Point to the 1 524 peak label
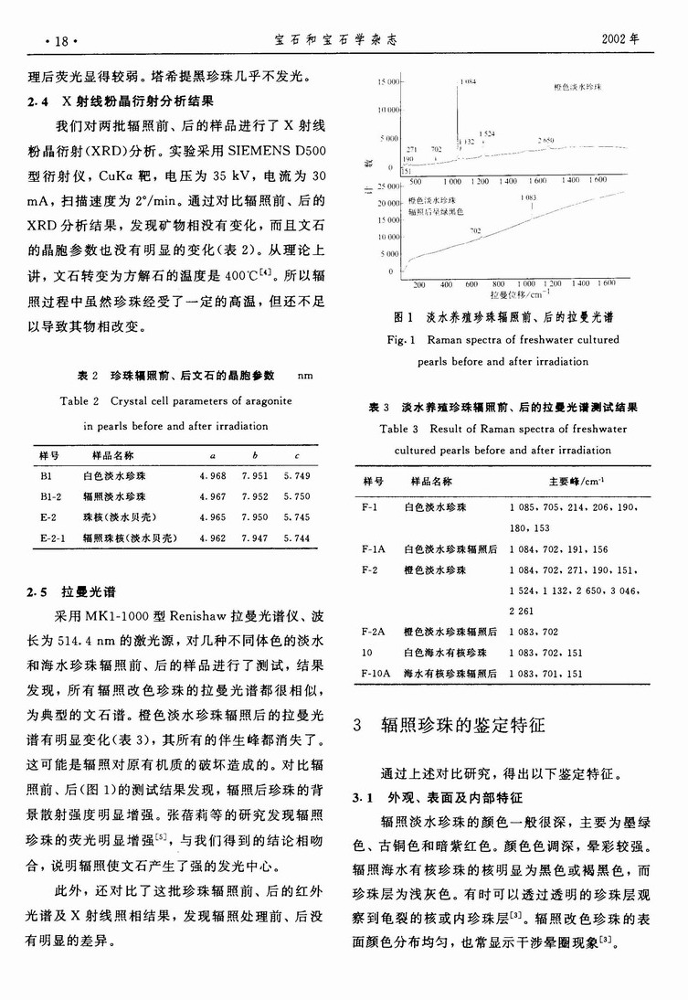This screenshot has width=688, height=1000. tap(486, 133)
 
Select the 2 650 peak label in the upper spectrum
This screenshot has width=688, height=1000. tap(545, 141)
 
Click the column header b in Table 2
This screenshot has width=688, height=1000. tap(255, 454)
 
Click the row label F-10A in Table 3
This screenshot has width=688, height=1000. tap(376, 673)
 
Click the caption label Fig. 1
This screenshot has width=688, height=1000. tap(405, 339)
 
